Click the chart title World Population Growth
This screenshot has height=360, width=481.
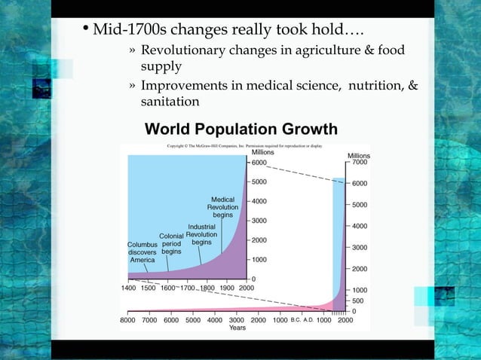pos(241,130)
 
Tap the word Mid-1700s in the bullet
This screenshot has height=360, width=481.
pos(127,32)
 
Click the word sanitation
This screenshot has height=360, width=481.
pos(170,101)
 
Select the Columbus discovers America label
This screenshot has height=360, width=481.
pos(142,252)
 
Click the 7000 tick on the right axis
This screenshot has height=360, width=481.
pos(360,162)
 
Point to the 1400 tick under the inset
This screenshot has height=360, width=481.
pos(129,288)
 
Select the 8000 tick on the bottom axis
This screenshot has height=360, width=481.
pos(129,320)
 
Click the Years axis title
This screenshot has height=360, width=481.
pos(237,328)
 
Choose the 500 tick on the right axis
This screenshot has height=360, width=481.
pos(358,301)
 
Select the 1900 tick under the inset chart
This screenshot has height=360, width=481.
pos(227,288)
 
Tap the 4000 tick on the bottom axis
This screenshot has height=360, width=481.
pos(215,320)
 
